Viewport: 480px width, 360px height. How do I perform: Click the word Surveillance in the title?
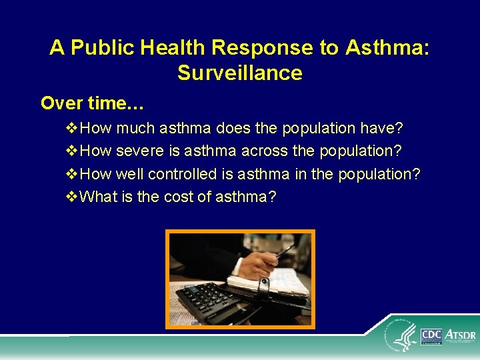coord(239,73)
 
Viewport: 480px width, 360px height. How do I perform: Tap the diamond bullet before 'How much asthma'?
coord(72,128)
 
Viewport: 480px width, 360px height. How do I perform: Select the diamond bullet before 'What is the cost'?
coord(72,197)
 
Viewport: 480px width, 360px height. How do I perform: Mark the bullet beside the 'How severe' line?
coord(72,151)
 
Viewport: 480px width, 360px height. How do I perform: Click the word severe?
coord(140,151)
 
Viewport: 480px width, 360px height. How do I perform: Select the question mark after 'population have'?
coord(399,128)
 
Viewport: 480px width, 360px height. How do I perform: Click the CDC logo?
coord(431,337)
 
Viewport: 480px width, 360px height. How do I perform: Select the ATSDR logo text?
coord(459,335)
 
